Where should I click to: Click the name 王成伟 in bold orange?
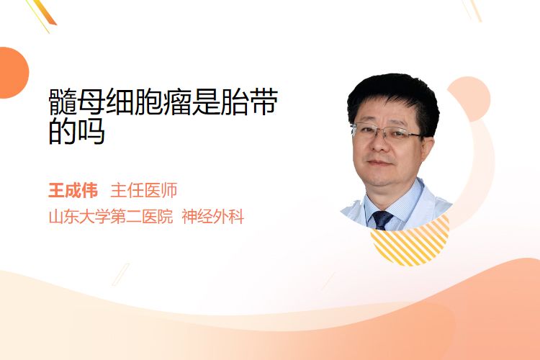[x=73, y=191]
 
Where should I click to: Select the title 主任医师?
[x=143, y=191]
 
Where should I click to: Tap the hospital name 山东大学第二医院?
[x=111, y=217]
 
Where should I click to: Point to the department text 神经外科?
[x=213, y=217]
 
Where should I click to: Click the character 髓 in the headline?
[x=63, y=102]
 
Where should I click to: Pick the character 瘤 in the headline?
[x=177, y=102]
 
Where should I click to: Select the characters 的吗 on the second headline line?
[x=76, y=131]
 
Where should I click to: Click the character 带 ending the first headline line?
[x=263, y=102]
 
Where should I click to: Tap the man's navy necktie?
[x=381, y=220]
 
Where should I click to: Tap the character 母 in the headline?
[x=91, y=102]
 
